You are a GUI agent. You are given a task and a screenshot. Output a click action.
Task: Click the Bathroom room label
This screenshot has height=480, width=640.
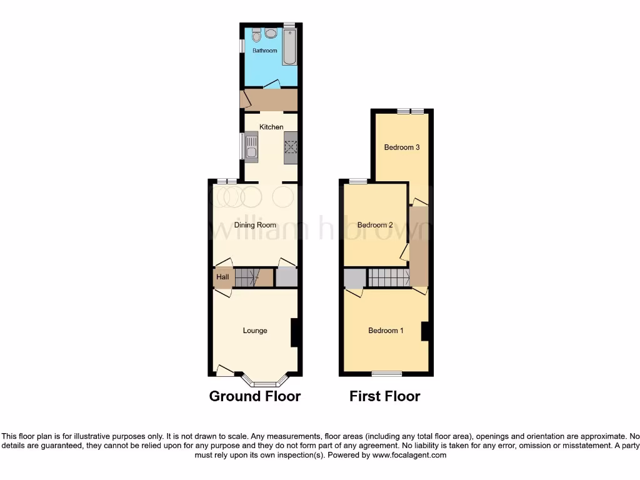pos(264,51)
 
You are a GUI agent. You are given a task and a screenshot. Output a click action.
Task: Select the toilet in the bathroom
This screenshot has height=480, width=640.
pos(257,34)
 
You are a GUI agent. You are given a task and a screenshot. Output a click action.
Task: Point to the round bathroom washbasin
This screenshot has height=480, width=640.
pos(271,33)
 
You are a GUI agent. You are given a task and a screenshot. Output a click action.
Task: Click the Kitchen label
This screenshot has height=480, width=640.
pos(271,127)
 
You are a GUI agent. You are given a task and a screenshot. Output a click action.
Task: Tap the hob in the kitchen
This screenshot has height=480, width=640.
pos(291,147)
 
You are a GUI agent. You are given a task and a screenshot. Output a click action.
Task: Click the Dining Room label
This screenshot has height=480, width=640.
pos(255,225)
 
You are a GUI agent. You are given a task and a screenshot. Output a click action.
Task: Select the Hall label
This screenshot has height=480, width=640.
pos(222,277)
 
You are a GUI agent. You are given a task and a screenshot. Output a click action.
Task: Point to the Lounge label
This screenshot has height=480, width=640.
pos(255,331)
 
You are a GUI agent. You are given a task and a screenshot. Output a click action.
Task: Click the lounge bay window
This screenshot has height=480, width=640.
pos(265,381)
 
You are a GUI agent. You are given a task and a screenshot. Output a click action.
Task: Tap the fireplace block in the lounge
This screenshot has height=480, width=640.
pos(293,332)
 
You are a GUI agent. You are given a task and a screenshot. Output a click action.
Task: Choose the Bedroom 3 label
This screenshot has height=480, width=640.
pos(401,147)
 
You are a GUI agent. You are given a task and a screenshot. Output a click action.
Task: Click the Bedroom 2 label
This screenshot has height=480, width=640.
pos(375,225)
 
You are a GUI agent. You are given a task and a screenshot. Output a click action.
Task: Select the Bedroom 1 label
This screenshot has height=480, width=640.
pos(386,331)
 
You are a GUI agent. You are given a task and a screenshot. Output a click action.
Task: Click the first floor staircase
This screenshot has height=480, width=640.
pos(387,277)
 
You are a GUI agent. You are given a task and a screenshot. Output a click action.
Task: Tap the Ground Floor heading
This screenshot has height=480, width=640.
pos(254,396)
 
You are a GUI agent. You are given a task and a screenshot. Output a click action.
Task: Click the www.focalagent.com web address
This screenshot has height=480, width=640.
pos(410,456)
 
